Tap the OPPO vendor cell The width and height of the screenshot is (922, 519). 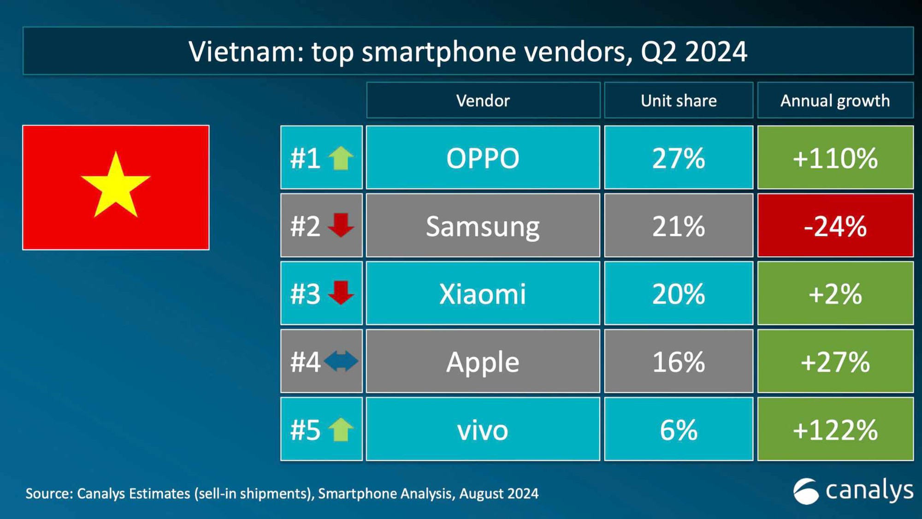coord(483,158)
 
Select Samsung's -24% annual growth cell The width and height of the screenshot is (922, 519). coord(835,226)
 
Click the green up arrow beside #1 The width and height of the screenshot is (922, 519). coord(341,158)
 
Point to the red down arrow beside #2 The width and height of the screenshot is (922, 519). coord(341,225)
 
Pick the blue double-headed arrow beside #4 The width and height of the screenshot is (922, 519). coord(341,361)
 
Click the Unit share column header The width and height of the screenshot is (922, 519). coord(678,101)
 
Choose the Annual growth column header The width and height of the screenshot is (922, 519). coord(835,101)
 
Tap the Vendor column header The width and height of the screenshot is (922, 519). coord(483,101)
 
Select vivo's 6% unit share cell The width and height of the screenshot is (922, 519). coord(678,430)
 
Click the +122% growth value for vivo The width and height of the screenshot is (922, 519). coord(835,430)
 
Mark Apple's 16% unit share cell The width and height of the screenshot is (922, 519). coord(678,362)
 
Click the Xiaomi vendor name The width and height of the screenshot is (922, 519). coord(483,294)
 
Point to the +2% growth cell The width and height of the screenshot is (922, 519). coord(835,294)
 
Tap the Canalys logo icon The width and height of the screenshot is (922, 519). coord(805,491)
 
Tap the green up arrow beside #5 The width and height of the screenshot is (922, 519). coord(341,430)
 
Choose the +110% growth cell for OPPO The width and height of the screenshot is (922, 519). coord(835,158)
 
